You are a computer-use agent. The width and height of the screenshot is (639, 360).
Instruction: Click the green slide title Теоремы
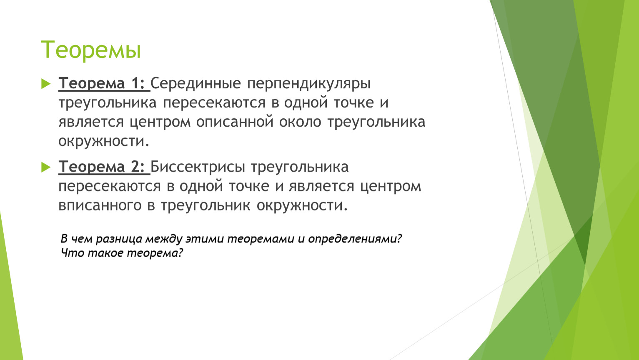(x=91, y=50)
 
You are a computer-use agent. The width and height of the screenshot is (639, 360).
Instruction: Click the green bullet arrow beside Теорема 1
(x=46, y=84)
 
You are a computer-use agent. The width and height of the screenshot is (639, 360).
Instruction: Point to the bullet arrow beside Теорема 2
(x=46, y=167)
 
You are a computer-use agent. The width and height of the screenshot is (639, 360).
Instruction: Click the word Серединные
(x=195, y=84)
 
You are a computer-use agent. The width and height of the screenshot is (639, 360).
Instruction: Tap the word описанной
(x=235, y=122)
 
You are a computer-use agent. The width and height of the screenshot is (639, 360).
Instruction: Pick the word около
(x=300, y=122)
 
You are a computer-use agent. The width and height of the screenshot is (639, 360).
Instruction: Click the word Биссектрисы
(x=198, y=167)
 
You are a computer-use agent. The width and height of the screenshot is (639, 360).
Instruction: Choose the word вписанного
(x=100, y=205)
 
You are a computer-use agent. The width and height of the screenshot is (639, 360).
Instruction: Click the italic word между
(x=164, y=239)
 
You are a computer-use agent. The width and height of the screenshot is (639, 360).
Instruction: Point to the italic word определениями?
(x=355, y=239)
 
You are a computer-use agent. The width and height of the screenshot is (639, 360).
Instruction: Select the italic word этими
(x=205, y=239)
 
